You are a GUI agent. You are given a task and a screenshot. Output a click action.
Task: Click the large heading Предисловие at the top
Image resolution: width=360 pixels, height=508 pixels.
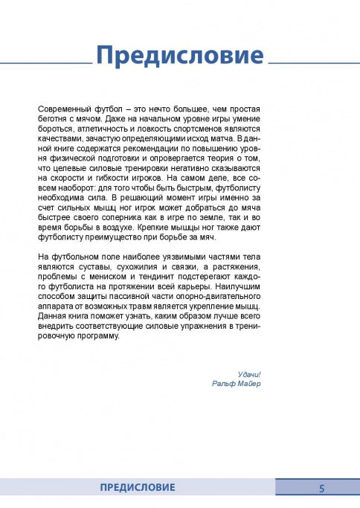coord(180,56)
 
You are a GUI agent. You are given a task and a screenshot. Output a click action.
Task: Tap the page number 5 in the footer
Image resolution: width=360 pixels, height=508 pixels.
coord(322,488)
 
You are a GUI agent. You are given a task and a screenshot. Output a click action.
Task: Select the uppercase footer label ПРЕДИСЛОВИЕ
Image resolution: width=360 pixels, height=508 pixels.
coord(138,488)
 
